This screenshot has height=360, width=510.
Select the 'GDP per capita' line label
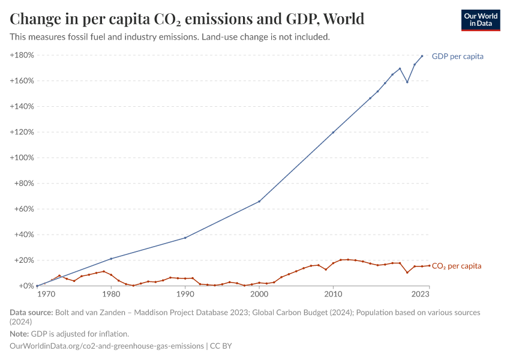[x=457, y=56]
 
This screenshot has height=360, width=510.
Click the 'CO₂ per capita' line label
[x=456, y=266]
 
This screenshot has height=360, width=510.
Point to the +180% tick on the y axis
[x=22, y=55]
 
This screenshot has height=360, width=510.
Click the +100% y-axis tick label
[x=22, y=158]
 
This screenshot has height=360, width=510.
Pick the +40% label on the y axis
[x=23, y=235]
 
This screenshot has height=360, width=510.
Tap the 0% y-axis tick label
[x=26, y=286]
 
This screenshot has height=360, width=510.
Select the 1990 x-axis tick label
[x=185, y=295]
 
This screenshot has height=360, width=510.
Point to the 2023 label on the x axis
[x=421, y=295]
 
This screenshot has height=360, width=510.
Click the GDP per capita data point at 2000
[x=259, y=201]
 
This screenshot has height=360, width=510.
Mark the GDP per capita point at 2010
[x=333, y=132]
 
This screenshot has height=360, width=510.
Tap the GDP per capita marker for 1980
[x=111, y=259]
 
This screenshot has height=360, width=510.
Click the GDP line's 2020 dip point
[x=407, y=82]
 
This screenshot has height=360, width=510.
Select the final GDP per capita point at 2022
[x=422, y=56]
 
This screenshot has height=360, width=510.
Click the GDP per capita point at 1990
[x=185, y=238]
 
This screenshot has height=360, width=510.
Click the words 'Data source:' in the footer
[x=31, y=313]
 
